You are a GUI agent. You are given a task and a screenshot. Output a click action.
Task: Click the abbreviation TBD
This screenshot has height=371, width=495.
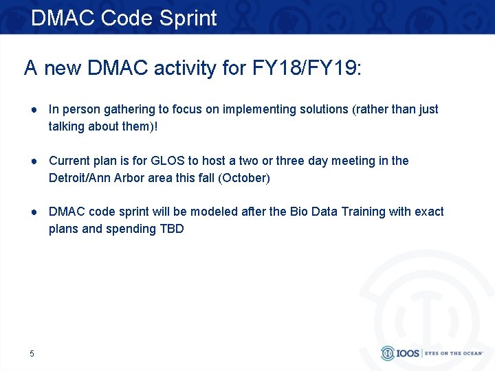coord(171,229)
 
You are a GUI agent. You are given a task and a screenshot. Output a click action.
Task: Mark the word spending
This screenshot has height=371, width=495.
coord(129,229)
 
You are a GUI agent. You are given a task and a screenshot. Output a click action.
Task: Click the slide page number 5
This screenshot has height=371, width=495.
coord(32,354)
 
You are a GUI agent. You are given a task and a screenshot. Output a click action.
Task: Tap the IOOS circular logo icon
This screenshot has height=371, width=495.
coord(388,353)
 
